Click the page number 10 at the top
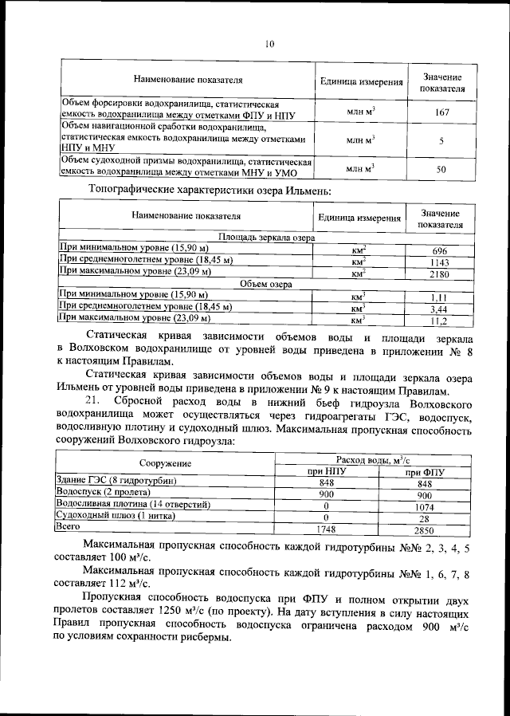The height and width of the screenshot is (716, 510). [269, 45]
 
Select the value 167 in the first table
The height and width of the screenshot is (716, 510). [441, 113]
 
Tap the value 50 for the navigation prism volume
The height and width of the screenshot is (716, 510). [441, 169]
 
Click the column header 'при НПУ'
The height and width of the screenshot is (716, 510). [326, 471]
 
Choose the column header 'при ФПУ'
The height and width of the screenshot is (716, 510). [424, 471]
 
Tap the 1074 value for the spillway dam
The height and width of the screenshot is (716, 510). [424, 506]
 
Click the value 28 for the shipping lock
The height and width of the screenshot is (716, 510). [424, 518]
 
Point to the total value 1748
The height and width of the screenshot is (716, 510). [326, 530]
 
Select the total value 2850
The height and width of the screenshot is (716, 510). [424, 530]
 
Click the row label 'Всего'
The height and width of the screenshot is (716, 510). [63, 527]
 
